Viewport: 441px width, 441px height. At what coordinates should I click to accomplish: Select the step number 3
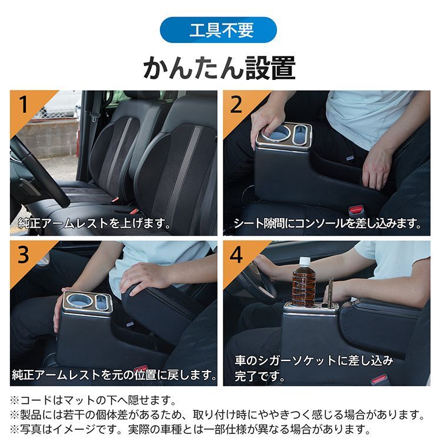[x=24, y=255]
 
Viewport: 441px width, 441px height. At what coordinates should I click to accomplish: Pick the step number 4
[x=236, y=255]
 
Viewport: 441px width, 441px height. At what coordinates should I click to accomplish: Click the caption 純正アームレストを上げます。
[x=94, y=224]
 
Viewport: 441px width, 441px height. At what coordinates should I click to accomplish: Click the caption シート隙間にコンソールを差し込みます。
[x=328, y=224]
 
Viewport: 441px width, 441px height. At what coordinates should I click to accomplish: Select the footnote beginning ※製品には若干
[x=218, y=415]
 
